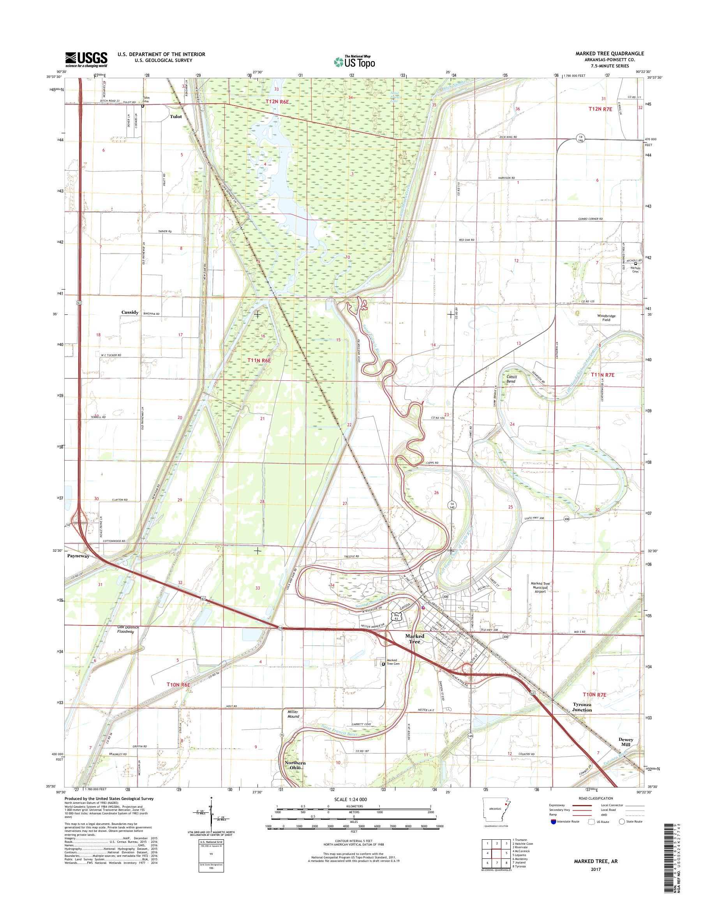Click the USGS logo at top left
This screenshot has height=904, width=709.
point(86,59)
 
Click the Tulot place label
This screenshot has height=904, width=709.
point(176,117)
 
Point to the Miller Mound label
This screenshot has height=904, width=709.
point(293,714)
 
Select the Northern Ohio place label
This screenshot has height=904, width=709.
point(295,765)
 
